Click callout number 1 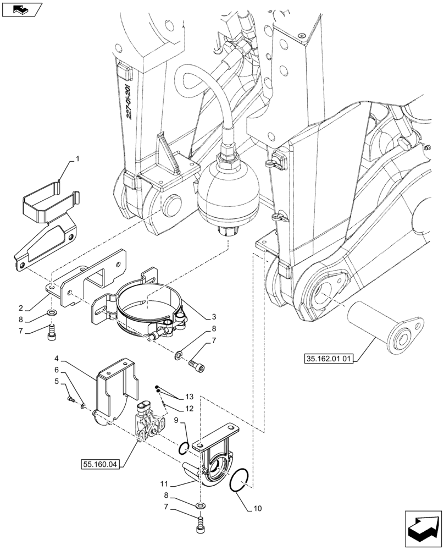point(77,158)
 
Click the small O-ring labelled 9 point(185,447)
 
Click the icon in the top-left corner point(21,9)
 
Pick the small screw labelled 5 point(70,400)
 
